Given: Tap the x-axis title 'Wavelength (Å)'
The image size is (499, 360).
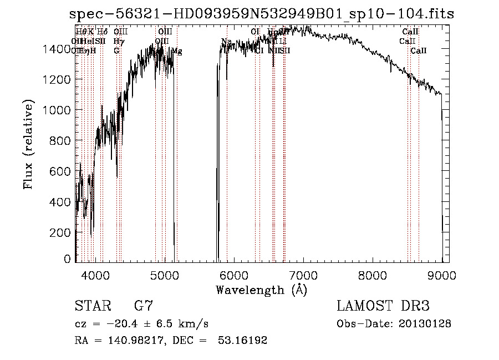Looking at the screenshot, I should click(261, 290).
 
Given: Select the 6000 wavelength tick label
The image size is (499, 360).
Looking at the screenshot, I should click(234, 275).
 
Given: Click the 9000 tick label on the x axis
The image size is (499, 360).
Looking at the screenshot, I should click(442, 275).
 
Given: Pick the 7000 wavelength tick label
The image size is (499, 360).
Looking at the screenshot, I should click(303, 275).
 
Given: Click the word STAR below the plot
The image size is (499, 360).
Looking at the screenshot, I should click(91, 306).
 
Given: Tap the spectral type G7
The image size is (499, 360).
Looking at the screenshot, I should click(144, 306).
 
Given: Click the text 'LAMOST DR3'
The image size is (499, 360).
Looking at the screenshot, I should click(383, 306).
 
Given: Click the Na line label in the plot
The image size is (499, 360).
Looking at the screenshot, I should click(226, 42).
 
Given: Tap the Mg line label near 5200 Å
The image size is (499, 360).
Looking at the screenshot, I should click(176, 51).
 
